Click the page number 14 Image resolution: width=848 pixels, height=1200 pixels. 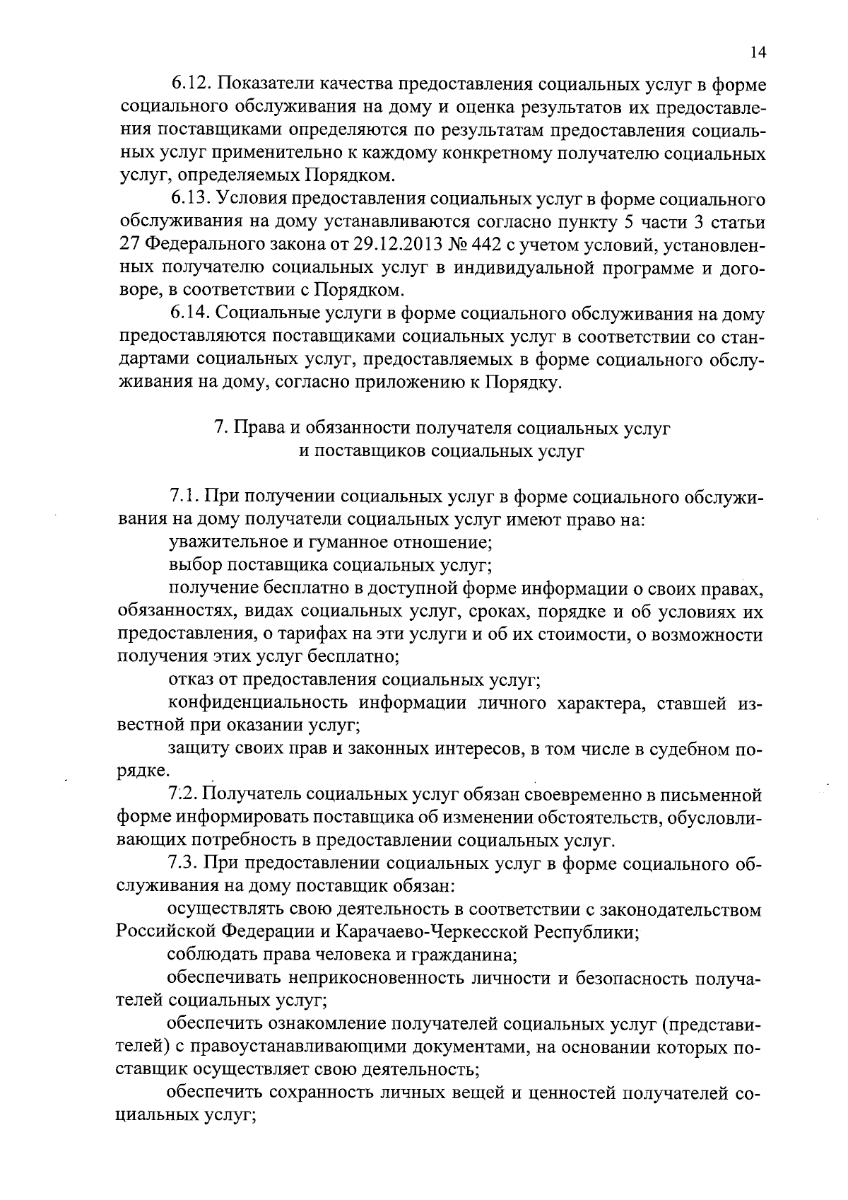click(758, 52)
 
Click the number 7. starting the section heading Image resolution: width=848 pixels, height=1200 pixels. click(220, 428)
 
